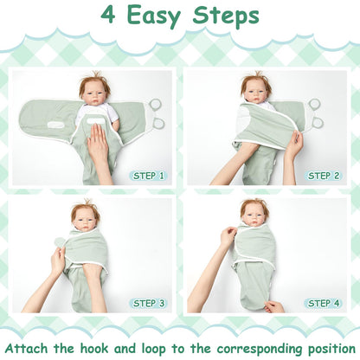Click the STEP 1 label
tap(148, 176)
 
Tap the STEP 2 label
tap(324, 176)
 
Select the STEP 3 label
tap(148, 303)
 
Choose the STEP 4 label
tap(324, 303)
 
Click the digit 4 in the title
tap(108, 15)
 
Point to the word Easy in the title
tap(154, 16)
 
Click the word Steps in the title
tap(226, 16)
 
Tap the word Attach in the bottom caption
tap(27, 349)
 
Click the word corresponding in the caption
tap(258, 349)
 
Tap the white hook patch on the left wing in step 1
tap(57, 125)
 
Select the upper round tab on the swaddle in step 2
tap(314, 103)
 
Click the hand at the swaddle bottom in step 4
tap(274, 306)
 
